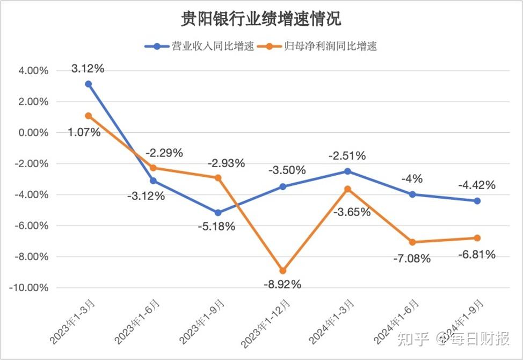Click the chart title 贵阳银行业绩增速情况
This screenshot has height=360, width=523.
click(x=261, y=19)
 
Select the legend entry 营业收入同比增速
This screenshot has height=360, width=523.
click(x=199, y=46)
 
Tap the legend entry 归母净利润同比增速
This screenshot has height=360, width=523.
click(x=317, y=46)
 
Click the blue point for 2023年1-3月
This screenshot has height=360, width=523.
click(x=89, y=84)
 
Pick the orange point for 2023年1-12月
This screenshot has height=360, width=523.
click(x=283, y=271)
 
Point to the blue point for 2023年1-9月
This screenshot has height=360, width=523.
click(x=218, y=213)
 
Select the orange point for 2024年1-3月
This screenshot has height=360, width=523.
click(x=347, y=189)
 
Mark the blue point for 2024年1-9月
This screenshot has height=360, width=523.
click(x=477, y=201)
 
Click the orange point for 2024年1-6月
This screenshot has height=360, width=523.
click(x=412, y=242)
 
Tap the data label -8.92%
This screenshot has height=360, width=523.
click(x=282, y=284)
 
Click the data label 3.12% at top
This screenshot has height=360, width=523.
click(x=88, y=68)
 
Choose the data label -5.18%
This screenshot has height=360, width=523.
click(x=216, y=227)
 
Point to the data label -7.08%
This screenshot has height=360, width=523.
click(x=412, y=258)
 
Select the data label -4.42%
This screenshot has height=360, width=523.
click(x=477, y=185)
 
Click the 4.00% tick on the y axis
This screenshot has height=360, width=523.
click(x=33, y=71)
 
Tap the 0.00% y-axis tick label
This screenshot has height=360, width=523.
click(x=33, y=133)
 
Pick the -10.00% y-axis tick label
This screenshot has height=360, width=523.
click(x=28, y=287)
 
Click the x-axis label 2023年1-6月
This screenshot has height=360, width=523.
click(x=137, y=322)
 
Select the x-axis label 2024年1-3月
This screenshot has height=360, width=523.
click(x=331, y=322)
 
